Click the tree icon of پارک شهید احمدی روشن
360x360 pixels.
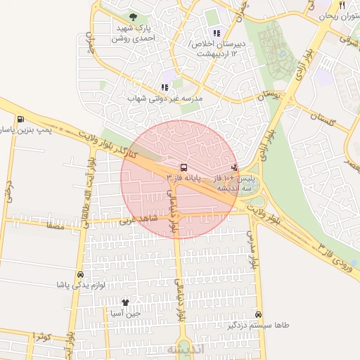point(134,17)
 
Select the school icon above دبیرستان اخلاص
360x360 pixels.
point(217,32)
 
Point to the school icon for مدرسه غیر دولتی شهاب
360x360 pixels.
point(165,87)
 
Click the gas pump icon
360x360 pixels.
point(20,119)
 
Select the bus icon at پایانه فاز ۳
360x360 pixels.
point(184,167)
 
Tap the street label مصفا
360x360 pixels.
point(53,226)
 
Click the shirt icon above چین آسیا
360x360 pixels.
point(126,302)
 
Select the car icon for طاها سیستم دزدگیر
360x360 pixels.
point(259,314)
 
